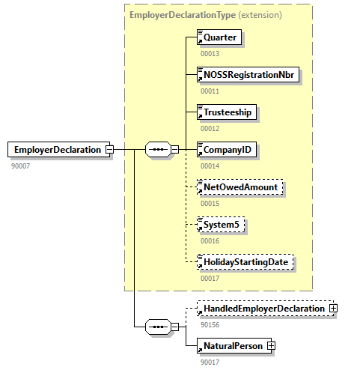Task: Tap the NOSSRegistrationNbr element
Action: coord(248,75)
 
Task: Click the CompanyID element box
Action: coord(227,150)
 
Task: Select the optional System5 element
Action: coord(222,224)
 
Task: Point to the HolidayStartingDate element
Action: coord(244,262)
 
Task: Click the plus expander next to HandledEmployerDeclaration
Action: coord(333,309)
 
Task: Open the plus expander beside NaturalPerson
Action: coord(271,345)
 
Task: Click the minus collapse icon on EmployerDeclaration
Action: coord(109,150)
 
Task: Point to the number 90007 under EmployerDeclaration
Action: coord(21,166)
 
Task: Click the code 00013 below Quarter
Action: coord(210,53)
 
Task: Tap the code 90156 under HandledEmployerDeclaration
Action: coord(210,324)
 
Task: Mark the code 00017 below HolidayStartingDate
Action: coord(210,278)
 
